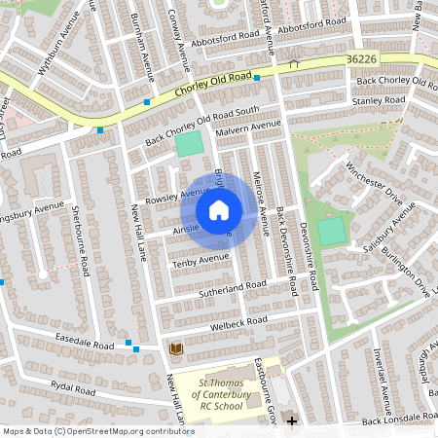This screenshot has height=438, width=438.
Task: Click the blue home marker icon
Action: pyautogui.click(x=219, y=210)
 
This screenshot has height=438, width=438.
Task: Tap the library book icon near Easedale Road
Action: pyautogui.click(x=176, y=348)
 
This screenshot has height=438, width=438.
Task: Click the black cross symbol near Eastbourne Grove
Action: pyautogui.click(x=290, y=420)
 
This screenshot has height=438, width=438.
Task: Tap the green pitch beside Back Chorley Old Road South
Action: pyautogui.click(x=189, y=144)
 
